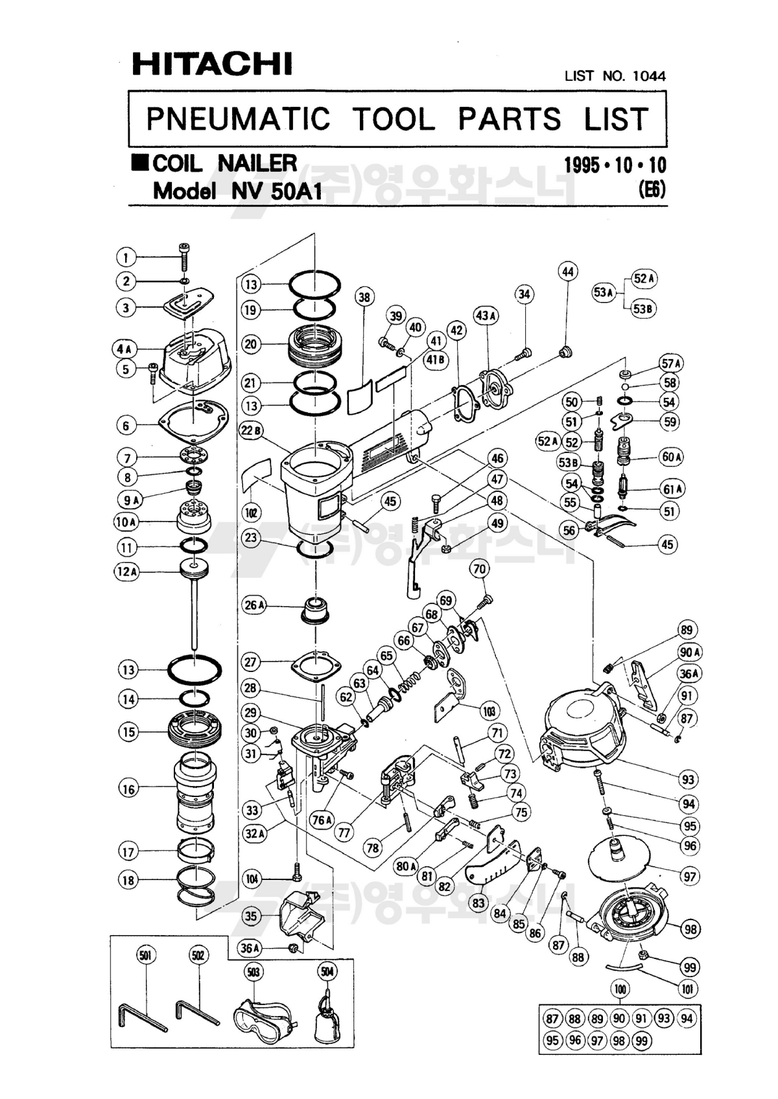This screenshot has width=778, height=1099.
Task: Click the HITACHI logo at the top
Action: tap(212, 64)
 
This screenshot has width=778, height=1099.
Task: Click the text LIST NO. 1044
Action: tap(615, 76)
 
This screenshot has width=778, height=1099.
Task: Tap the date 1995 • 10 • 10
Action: tap(615, 165)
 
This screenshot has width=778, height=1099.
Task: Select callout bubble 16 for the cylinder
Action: tap(128, 789)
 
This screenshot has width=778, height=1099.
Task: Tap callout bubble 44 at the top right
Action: tap(568, 272)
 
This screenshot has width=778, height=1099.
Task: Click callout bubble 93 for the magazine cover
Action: tap(688, 779)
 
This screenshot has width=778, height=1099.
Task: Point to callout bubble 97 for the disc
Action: tap(689, 877)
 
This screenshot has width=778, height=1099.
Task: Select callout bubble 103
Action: tap(489, 711)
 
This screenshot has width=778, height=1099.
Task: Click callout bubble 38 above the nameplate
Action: tap(365, 297)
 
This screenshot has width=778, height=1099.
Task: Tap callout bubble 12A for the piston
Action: tap(128, 572)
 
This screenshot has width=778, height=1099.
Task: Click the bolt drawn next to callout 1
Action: tap(184, 257)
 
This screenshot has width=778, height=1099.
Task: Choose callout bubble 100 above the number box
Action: tap(620, 989)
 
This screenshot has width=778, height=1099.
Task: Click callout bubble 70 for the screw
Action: tap(480, 570)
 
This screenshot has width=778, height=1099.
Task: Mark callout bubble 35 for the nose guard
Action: tap(252, 916)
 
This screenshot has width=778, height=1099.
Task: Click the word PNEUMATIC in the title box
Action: tap(238, 119)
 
